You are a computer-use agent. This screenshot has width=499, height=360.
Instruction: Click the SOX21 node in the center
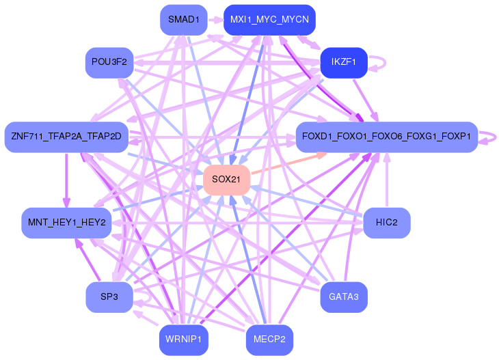226,179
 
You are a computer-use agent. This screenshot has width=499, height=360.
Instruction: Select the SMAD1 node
183,20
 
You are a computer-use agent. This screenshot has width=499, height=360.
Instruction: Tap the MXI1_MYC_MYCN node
269,20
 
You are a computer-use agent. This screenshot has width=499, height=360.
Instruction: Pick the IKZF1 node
344,63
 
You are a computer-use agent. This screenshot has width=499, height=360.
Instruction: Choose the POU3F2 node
109,63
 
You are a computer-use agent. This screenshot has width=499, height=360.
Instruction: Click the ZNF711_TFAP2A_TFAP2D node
66,137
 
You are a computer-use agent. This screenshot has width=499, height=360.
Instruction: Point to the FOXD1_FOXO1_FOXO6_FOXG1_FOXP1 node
386,137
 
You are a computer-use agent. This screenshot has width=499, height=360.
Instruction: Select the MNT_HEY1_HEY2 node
66,223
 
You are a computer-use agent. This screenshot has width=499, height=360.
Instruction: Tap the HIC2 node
386,223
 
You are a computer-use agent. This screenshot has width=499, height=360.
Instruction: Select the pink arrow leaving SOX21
287,164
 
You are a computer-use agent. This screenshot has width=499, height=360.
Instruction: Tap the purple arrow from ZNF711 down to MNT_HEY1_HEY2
66,180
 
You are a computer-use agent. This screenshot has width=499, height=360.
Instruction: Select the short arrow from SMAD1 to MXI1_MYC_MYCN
215,20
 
